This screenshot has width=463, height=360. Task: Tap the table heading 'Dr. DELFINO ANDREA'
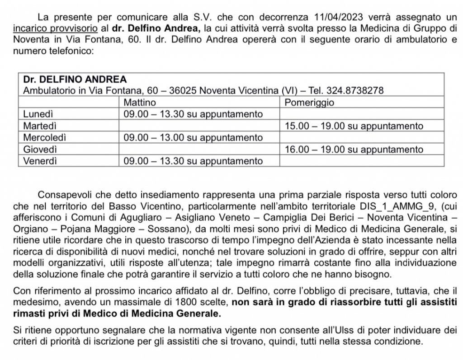75,79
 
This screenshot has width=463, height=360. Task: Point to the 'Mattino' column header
140,102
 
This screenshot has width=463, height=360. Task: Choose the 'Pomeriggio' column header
309,102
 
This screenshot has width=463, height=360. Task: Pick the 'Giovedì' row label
38,149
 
